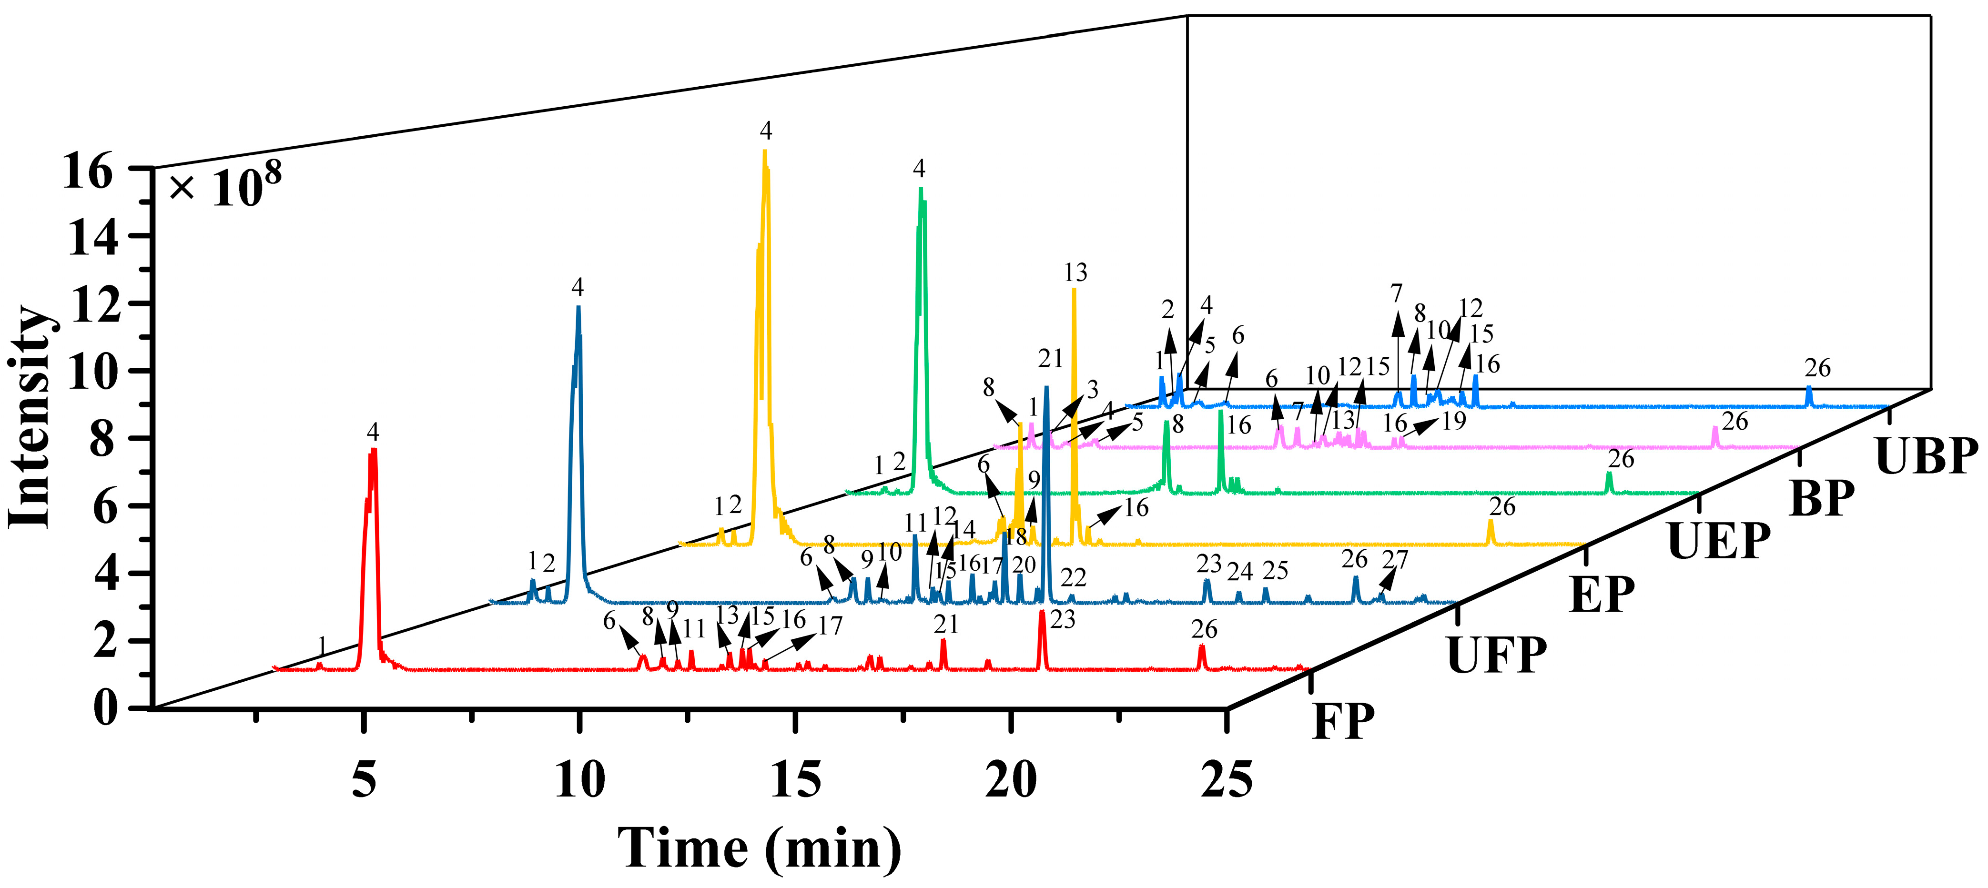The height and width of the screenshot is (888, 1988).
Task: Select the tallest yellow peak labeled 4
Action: tap(765, 154)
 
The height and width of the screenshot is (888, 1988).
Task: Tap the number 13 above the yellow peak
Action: tap(1075, 272)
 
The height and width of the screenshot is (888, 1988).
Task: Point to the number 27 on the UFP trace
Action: tap(1395, 558)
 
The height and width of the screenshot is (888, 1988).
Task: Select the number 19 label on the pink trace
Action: tap(1453, 421)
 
